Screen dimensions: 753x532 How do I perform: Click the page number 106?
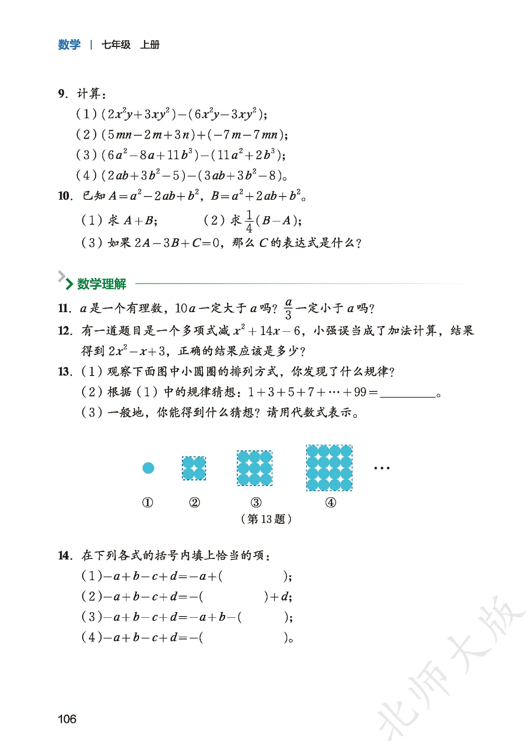coord(67,719)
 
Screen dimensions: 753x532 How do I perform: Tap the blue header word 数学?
coord(69,45)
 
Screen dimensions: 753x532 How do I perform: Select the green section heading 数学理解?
coord(102,284)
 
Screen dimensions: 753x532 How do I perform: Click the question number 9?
coord(62,94)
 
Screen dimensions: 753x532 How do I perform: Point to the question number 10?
coord(65,196)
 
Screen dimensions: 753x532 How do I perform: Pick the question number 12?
coord(65,331)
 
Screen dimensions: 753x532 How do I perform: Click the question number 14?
coord(65,556)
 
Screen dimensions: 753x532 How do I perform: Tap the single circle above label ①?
coord(148,468)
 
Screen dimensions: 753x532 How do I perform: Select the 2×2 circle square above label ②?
coord(194,468)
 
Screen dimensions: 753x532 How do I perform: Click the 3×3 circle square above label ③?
coord(255,468)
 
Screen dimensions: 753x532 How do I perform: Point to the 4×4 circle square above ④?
coord(329,468)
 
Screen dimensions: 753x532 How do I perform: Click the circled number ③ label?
coord(256,503)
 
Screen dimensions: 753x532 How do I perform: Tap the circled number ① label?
coord(148,503)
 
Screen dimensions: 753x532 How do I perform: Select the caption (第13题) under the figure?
coord(266,519)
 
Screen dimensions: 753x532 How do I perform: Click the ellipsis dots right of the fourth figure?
coord(381,468)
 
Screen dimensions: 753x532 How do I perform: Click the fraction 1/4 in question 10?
coord(249,221)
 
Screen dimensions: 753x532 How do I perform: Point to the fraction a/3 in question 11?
coord(288,308)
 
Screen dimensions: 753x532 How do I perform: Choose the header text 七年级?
coord(116,45)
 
